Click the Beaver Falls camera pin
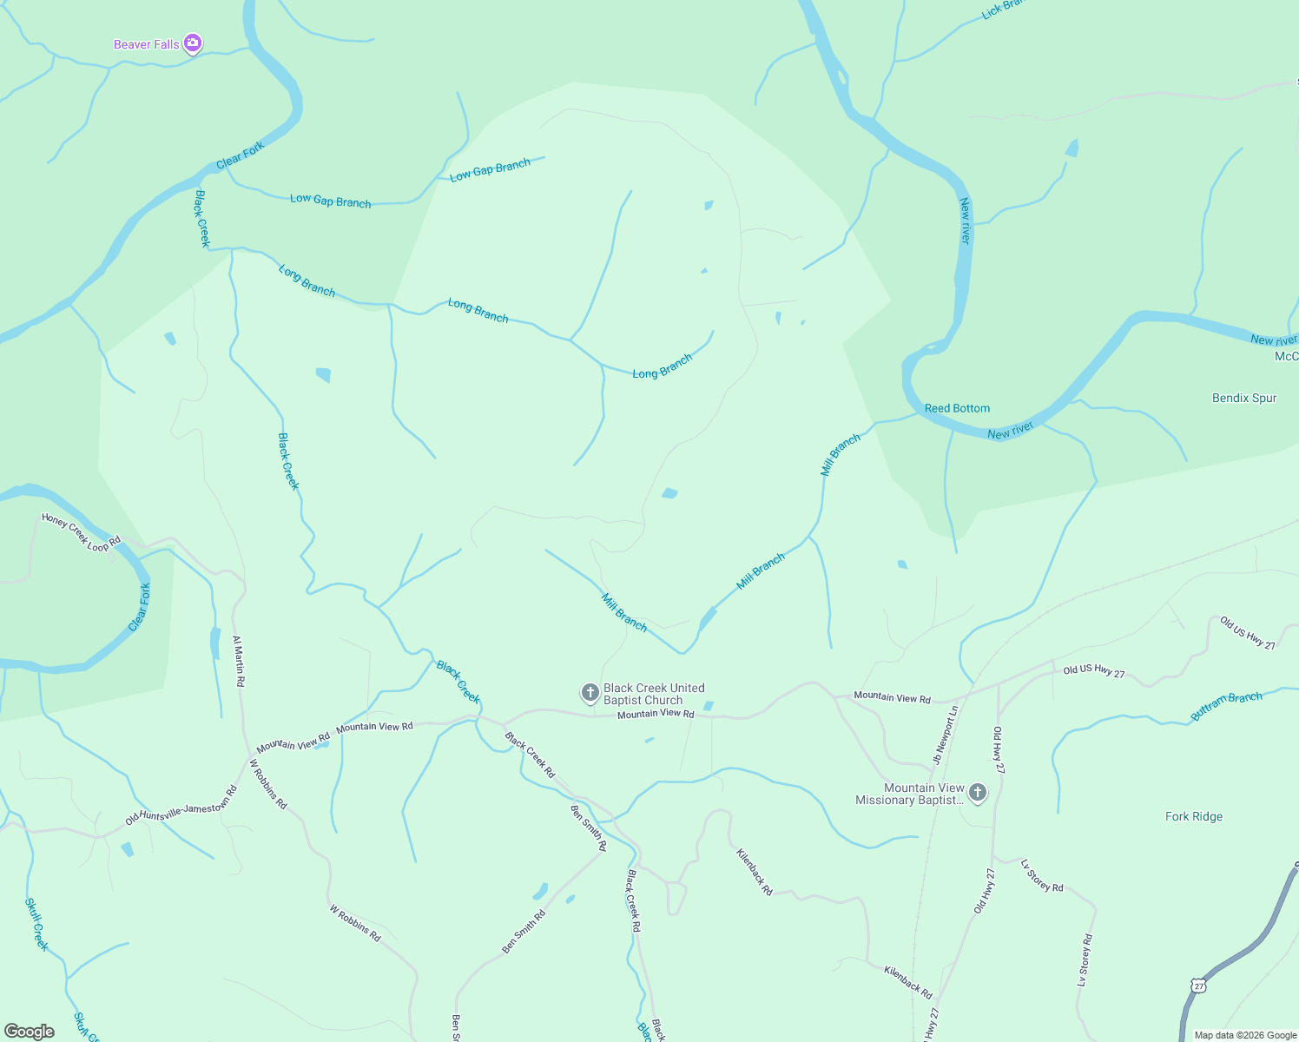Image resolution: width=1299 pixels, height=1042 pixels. coord(193,43)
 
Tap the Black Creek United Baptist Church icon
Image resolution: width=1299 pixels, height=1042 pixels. coord(590,693)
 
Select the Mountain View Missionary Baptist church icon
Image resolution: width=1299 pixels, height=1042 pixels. coord(978,792)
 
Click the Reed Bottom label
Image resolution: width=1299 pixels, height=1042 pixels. coord(957,408)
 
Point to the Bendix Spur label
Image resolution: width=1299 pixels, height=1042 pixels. coord(1244,398)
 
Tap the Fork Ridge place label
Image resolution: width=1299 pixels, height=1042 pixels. coord(1194,816)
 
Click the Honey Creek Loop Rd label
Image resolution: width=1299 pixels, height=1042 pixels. coord(81,532)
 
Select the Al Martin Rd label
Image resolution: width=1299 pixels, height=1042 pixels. coord(239,661)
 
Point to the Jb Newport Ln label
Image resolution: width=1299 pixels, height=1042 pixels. coord(946,735)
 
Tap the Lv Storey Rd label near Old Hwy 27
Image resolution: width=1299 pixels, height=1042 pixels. coord(1042,875)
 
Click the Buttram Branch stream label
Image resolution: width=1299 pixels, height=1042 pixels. coord(1226,706)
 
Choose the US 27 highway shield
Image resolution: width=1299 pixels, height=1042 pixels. coord(1198,986)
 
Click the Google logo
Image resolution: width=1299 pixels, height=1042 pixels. coord(30,1032)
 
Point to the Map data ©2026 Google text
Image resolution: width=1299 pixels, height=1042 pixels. coord(1245,1035)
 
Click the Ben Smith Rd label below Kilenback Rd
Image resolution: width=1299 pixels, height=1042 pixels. coord(524,932)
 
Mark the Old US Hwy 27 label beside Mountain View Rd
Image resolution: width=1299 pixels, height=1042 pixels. coord(1094,672)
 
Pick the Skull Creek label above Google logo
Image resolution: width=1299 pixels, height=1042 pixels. coord(36,924)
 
